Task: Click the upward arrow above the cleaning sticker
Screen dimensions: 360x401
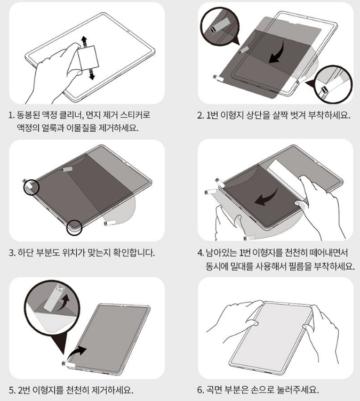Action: tap(84, 42)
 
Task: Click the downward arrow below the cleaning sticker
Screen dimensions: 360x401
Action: tap(92, 74)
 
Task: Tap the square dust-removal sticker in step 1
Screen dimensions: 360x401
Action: tap(88, 57)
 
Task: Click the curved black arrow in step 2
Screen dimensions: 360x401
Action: tap(277, 53)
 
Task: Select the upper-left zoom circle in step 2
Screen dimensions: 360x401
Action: tap(220, 26)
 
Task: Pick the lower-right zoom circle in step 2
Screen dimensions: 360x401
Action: tap(333, 84)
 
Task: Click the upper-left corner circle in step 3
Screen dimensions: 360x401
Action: tap(31, 187)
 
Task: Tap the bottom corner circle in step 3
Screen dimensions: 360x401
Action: tap(74, 227)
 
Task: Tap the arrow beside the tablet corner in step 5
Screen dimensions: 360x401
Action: tap(77, 353)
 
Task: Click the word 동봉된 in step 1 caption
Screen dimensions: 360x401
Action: tap(28, 115)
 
